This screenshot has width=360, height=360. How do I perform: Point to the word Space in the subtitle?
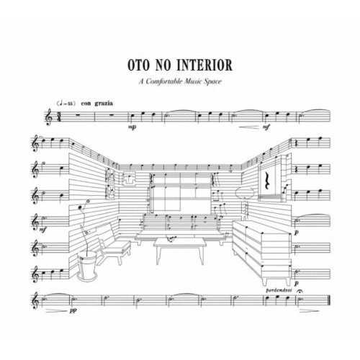[x=212, y=82]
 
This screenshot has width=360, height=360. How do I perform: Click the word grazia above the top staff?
[x=104, y=104]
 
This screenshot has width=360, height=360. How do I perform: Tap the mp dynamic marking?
[x=132, y=127]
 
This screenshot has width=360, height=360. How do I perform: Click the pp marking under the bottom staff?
[x=73, y=310]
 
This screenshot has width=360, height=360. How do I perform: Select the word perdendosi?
[x=279, y=290]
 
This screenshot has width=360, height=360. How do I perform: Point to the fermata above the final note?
[x=300, y=292]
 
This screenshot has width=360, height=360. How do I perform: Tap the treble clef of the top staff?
[x=49, y=117]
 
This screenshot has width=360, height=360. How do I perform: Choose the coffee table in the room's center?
[x=180, y=251]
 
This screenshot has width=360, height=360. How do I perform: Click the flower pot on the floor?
[x=87, y=266]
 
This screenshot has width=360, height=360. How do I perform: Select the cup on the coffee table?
[x=171, y=238]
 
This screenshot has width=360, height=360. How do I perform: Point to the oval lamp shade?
[x=245, y=193]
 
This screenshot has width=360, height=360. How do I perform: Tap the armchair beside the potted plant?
[x=113, y=245]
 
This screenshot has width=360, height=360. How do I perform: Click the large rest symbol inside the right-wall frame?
[x=266, y=181]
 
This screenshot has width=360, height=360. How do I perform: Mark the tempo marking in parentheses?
[x=66, y=104]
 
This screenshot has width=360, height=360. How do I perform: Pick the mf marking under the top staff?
[x=266, y=127]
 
